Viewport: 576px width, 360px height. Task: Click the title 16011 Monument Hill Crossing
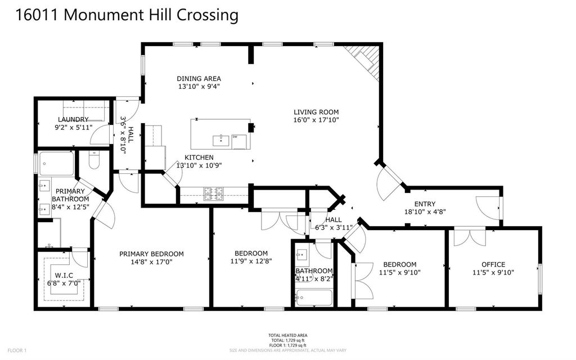127,15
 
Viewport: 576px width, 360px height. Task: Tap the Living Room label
316,112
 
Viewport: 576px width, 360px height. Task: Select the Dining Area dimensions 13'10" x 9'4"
199,87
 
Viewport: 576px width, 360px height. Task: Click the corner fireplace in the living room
366,59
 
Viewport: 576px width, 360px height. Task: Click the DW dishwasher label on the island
235,136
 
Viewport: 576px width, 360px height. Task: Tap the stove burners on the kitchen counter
214,194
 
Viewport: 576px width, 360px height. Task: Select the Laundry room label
73,119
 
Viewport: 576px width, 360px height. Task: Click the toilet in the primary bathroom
94,161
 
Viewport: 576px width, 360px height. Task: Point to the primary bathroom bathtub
57,164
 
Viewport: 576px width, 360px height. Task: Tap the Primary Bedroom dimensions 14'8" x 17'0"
151,262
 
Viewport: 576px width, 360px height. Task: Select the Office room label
493,264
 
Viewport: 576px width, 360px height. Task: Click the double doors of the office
470,236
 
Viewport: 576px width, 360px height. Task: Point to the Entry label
425,204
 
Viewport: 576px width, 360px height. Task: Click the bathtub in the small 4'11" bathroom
313,298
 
